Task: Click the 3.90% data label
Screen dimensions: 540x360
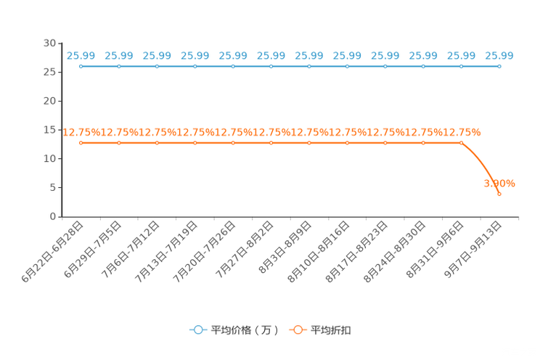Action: point(499,184)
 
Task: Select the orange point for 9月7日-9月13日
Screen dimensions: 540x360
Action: point(499,194)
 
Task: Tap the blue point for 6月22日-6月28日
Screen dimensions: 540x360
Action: point(81,67)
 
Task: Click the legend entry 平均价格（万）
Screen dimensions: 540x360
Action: point(234,330)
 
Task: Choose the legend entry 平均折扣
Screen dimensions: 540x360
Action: point(320,330)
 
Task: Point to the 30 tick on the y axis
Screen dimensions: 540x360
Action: point(49,43)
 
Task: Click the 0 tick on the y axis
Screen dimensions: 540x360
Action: point(53,216)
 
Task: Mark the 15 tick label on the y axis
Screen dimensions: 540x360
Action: point(49,130)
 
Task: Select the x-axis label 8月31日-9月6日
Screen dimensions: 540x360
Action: point(435,250)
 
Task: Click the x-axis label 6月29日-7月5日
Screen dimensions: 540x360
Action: point(93,250)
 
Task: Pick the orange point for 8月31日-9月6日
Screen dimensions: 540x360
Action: point(461,143)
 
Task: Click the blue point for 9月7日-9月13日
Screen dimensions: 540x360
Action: point(499,67)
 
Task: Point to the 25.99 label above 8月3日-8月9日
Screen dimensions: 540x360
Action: point(309,55)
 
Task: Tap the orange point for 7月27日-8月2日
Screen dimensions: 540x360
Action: point(271,143)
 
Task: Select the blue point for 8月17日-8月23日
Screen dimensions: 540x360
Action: point(385,67)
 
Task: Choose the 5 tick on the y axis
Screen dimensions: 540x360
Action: point(53,187)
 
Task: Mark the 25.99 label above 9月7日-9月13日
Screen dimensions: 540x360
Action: point(499,55)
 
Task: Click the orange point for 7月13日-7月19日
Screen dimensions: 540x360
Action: point(195,143)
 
